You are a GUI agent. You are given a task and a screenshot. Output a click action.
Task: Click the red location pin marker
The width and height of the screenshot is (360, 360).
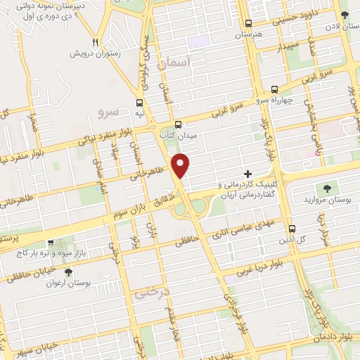(182, 165)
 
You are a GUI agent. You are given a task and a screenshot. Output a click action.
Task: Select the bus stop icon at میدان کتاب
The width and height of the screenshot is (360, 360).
(178, 122)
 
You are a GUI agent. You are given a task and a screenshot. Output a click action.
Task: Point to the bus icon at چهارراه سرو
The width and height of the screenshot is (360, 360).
(274, 90)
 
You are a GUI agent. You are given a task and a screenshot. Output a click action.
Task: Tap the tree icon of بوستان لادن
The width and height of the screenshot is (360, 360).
(343, 15)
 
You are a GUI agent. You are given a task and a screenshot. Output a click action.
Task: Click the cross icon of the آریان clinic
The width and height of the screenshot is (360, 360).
(247, 173)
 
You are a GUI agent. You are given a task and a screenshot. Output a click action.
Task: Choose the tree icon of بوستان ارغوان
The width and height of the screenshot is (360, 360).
(67, 272)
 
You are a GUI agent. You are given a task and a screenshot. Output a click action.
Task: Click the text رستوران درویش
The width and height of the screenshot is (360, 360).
(96, 53)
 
